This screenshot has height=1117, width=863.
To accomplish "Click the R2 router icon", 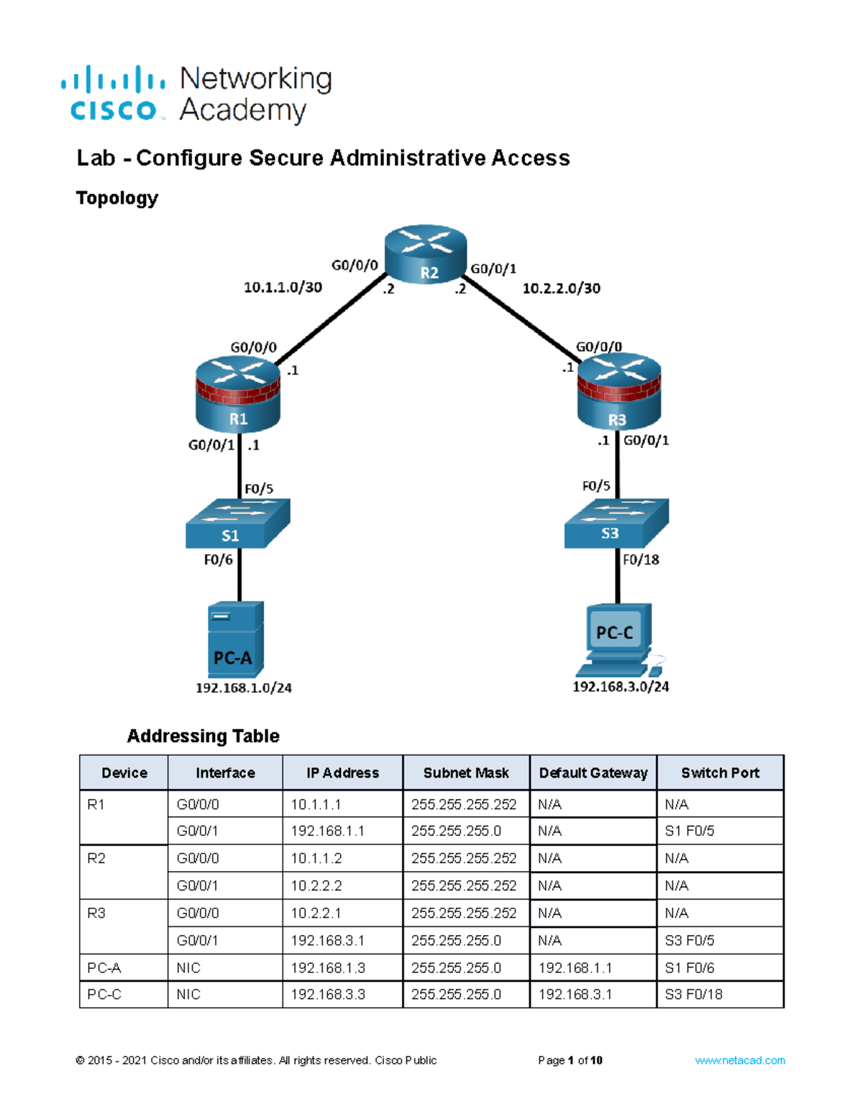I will tap(426, 254).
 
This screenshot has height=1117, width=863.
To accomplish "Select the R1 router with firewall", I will tap(238, 395).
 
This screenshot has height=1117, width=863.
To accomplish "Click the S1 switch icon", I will tap(237, 523).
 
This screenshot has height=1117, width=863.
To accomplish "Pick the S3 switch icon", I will tap(616, 522).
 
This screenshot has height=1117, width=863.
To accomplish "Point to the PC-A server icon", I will tap(236, 639).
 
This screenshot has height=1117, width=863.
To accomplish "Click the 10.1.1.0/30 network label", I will tap(283, 288).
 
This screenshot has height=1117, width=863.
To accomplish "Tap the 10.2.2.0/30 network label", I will tap(561, 288).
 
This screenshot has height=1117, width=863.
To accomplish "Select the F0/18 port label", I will tap(641, 560).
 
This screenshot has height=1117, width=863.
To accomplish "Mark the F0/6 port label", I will tap(218, 560).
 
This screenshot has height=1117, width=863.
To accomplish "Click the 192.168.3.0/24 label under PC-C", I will tap(621, 687).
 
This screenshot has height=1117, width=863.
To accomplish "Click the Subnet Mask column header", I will tap(466, 773).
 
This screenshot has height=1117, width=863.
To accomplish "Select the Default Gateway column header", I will tap(593, 773).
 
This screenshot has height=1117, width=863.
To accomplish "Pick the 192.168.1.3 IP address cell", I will tap(327, 968).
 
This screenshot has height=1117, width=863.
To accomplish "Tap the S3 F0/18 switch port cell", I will tap(693, 995).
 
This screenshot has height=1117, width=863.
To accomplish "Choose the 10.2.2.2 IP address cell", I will tap(316, 886).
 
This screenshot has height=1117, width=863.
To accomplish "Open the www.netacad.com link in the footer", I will tap(739, 1060).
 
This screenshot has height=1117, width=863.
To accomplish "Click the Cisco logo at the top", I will tap(114, 94).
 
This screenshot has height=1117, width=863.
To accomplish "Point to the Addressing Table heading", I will tap(203, 736).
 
